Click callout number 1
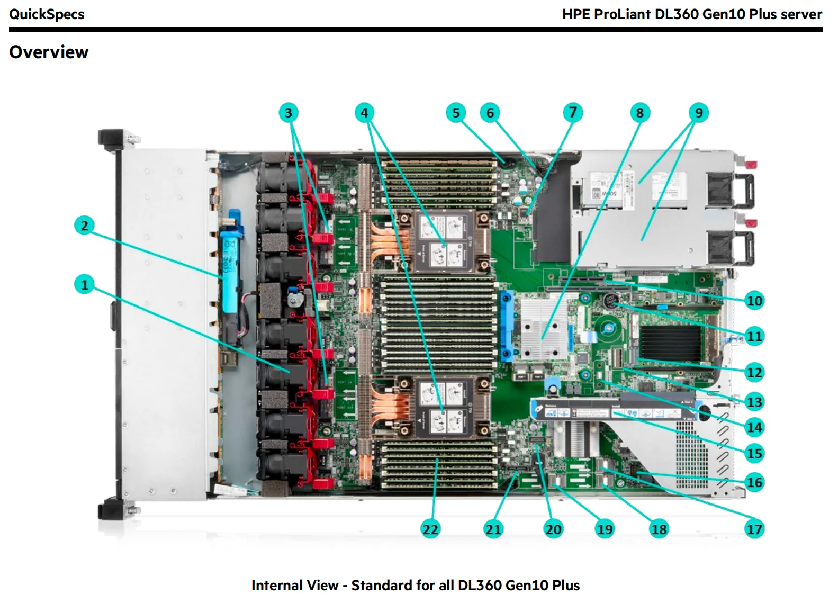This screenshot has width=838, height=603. [x=84, y=285]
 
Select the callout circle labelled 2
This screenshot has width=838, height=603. [x=84, y=226]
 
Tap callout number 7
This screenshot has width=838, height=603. [x=572, y=112]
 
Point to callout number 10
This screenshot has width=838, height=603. [x=754, y=301]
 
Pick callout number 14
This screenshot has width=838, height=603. [x=754, y=427]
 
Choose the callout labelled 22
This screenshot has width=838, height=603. [x=430, y=529]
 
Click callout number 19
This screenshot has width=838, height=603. [x=605, y=529]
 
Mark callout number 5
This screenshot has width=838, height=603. [x=456, y=112]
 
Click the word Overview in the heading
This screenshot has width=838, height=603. [x=49, y=52]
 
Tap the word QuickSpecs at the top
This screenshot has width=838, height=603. [x=47, y=14]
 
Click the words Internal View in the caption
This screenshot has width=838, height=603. [x=294, y=585]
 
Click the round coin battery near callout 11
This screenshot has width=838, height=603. [x=611, y=301]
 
